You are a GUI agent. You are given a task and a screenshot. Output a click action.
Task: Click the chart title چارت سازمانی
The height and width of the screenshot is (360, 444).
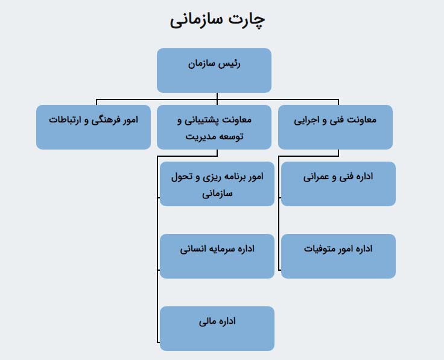pyautogui.click(x=217, y=20)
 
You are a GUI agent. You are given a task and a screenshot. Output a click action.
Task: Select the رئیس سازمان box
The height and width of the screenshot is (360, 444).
pyautogui.click(x=214, y=71)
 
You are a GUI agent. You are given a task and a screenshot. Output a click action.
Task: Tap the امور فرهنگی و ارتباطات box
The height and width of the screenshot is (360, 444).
pyautogui.click(x=94, y=127)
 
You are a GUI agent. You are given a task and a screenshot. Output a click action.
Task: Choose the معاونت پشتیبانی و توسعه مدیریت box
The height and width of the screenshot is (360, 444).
pyautogui.click(x=214, y=127)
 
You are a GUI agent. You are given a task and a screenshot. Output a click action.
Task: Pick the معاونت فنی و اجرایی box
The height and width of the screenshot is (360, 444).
pyautogui.click(x=335, y=127)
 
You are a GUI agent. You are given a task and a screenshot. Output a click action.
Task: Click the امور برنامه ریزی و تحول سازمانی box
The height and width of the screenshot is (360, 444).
pyautogui.click(x=217, y=184)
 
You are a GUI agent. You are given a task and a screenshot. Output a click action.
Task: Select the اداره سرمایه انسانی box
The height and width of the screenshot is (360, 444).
pyautogui.click(x=217, y=256)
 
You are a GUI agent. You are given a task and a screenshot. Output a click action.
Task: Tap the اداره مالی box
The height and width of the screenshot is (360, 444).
pyautogui.click(x=217, y=329)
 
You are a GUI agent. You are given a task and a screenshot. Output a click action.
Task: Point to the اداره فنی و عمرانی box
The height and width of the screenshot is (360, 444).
pyautogui.click(x=338, y=184)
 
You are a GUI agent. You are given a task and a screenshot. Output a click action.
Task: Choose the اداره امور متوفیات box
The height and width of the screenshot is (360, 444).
pyautogui.click(x=338, y=256)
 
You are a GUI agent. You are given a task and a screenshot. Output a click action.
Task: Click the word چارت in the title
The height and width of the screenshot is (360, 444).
pyautogui.click(x=247, y=21)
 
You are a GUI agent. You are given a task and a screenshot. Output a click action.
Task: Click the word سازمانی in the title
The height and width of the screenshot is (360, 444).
pyautogui.click(x=196, y=21)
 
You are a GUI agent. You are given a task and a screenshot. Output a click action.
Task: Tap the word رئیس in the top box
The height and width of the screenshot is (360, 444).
pyautogui.click(x=229, y=64)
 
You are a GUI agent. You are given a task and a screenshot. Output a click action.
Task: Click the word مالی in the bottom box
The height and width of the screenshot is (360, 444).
pyautogui.click(x=208, y=321)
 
